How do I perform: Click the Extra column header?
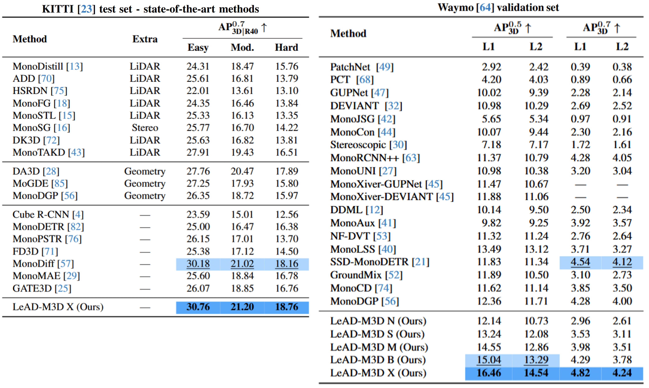coord(145,39)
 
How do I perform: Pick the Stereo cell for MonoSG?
coord(145,128)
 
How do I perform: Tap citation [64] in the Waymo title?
coord(485,7)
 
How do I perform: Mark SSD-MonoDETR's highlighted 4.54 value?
coord(580,262)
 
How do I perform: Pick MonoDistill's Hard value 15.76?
coord(286,66)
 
